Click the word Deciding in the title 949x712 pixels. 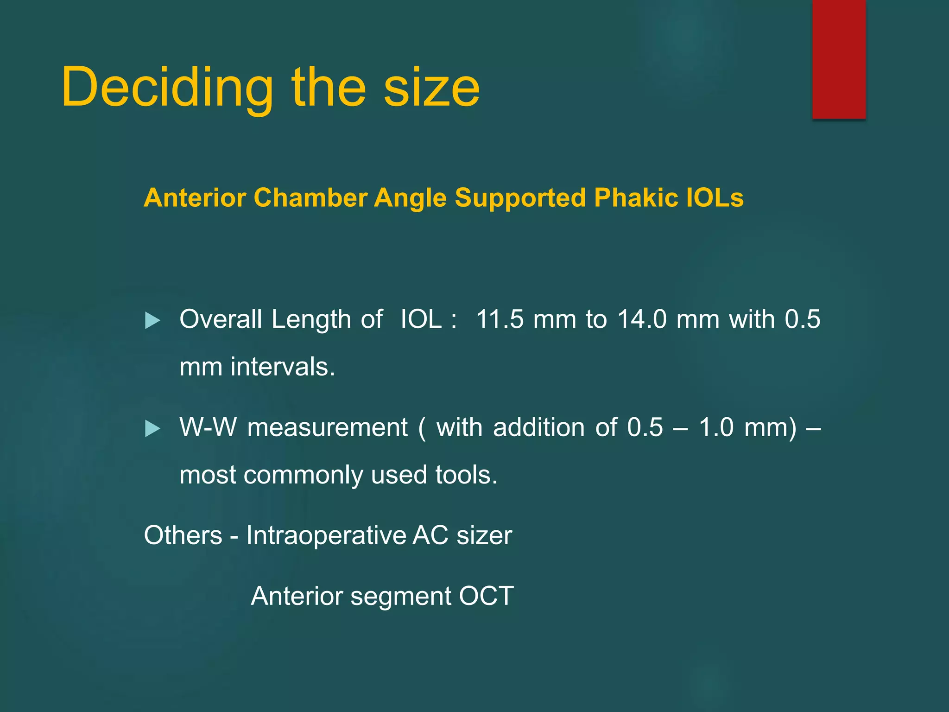point(167,88)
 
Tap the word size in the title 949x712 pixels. point(431,88)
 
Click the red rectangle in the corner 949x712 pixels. point(839,59)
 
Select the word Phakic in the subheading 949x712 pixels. point(635,198)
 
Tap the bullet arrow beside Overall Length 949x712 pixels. point(152,320)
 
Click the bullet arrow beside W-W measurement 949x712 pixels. point(152,428)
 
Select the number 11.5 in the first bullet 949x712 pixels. point(500,319)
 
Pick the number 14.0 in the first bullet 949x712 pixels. point(642,319)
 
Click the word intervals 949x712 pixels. point(283,367)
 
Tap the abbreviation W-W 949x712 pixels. point(208,427)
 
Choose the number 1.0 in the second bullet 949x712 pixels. point(716,427)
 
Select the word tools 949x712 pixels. point(466,476)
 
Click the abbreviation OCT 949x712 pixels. point(486,596)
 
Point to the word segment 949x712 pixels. point(400,597)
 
